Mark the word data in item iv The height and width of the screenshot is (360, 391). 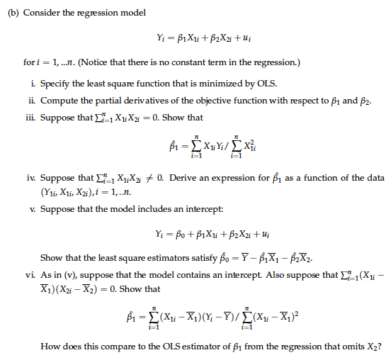(x=374, y=174)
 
